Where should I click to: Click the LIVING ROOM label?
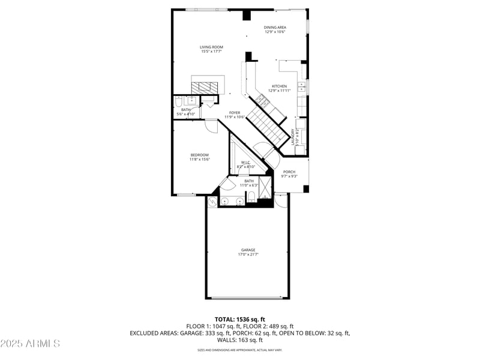212,47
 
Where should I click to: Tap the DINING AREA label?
275,28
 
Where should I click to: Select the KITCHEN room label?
279,86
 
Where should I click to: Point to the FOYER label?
234,113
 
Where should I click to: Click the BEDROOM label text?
199,155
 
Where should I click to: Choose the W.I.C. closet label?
246,163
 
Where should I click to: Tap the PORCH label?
289,172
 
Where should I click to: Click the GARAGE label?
248,250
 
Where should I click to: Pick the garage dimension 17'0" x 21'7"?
248,254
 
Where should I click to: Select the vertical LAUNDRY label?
293,137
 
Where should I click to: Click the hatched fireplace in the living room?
208,86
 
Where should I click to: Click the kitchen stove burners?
262,100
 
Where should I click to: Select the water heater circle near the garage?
212,203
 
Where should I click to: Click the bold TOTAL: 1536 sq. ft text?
239,319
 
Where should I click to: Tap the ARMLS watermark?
30,343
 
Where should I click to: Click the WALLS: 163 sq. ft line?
239,340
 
